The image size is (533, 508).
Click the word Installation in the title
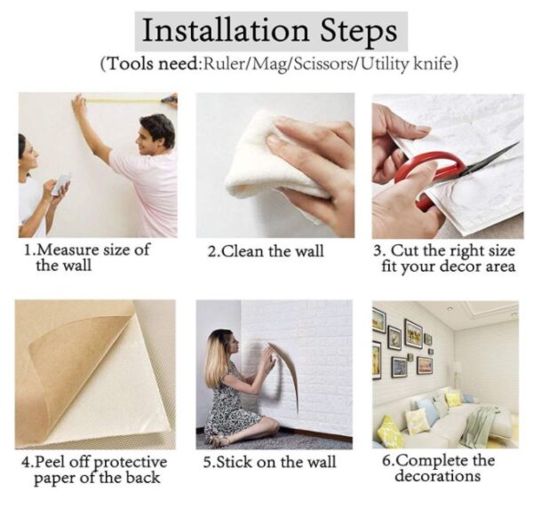tap(226, 30)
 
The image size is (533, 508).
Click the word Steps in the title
tap(359, 32)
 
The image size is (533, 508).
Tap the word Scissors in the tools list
tap(322, 64)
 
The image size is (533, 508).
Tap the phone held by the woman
tap(61, 184)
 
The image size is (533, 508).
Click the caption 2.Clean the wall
tap(266, 251)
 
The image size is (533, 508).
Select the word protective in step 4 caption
tap(130, 463)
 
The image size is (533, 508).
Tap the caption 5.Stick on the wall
tap(269, 463)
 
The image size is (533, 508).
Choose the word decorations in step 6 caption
tap(438, 476)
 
